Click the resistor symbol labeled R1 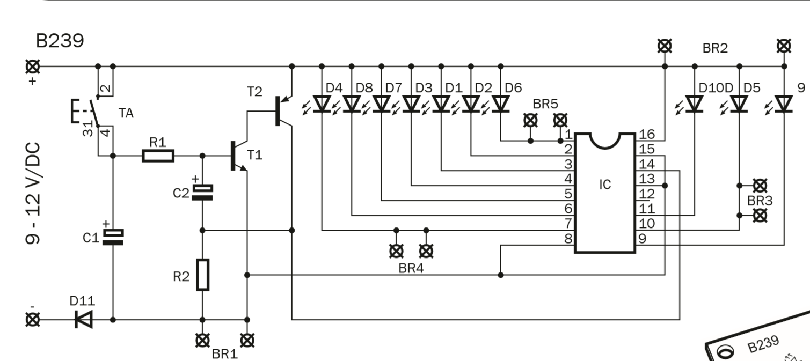pos(158,156)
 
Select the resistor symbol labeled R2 pos(202,275)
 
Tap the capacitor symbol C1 pos(113,237)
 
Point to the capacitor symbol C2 pos(202,192)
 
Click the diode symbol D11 pos(83,320)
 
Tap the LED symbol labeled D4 pos(322,104)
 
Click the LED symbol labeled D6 pos(500,104)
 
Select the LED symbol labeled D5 pos(739,104)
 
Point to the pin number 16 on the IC pos(646,134)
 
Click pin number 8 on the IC pos(568,238)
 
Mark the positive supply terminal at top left pos(33,67)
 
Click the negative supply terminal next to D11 pos(33,320)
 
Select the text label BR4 pos(411,268)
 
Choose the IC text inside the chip pos(605,185)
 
